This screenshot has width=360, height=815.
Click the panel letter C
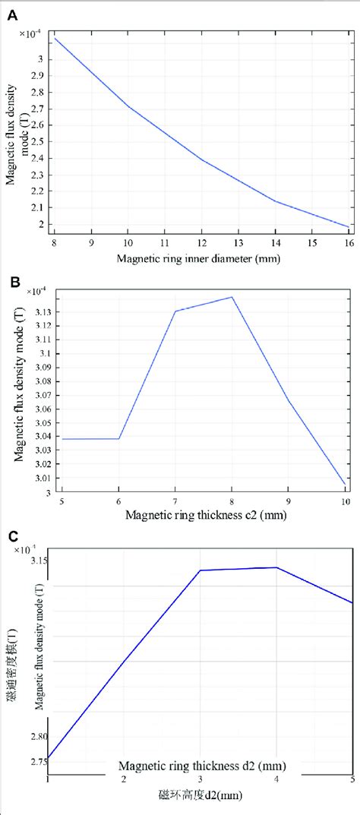13,537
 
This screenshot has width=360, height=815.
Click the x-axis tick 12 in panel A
203,242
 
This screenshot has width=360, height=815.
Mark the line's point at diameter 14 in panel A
276,201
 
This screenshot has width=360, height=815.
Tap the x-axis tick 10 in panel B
346,502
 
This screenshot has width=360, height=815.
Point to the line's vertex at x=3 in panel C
200,570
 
